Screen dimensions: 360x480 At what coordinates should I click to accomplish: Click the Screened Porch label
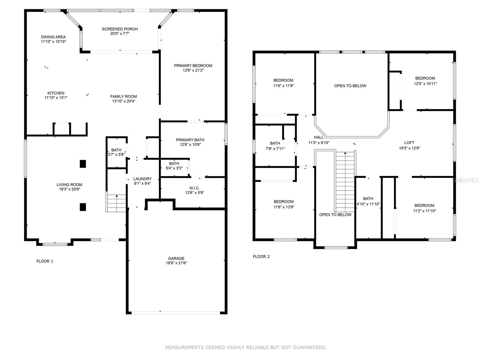(x=120, y=29)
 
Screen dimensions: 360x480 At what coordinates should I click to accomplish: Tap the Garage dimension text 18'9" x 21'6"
(x=176, y=263)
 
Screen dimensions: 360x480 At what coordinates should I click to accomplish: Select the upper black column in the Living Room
(x=83, y=164)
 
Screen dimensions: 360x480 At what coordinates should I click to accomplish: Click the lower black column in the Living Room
(x=83, y=207)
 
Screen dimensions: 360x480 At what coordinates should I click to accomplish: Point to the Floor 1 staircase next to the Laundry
(x=116, y=203)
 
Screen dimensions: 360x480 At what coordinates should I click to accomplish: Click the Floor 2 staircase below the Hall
(x=345, y=180)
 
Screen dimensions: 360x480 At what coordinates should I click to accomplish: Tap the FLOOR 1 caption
(x=45, y=261)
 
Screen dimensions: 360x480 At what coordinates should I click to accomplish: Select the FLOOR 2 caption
(x=261, y=256)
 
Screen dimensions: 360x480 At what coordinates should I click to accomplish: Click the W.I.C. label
(x=194, y=188)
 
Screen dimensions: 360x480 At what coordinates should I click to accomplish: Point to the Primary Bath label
(x=190, y=140)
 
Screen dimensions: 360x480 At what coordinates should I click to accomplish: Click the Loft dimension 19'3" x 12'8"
(x=409, y=148)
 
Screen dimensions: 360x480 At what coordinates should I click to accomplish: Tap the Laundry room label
(x=142, y=179)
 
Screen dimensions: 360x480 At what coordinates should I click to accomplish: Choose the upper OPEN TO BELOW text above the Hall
(x=350, y=86)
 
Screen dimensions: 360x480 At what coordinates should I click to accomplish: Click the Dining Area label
(x=53, y=37)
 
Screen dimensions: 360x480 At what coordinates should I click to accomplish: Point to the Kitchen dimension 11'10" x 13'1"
(x=56, y=97)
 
